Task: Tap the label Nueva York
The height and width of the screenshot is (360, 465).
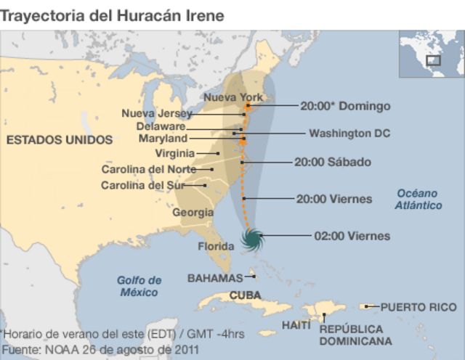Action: coord(233,97)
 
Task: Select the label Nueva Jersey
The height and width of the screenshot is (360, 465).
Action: coord(156,113)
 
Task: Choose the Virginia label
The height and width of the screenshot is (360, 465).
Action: coord(175,153)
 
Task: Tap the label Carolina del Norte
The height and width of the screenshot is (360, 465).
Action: coord(148,169)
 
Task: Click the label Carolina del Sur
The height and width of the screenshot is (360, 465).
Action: coord(142,185)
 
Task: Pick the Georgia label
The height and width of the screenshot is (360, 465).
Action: coord(193,213)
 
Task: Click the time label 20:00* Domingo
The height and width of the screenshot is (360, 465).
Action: coord(345,106)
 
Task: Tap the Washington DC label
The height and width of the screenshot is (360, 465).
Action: coord(349,134)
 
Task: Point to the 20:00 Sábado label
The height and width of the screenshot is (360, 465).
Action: coord(332,162)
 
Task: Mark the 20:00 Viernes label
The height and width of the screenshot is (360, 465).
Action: coord(334,198)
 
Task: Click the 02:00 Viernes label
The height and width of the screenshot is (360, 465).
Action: coord(352,236)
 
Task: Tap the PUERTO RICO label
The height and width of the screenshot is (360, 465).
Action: coord(418,307)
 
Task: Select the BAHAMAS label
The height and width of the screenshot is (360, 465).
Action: coord(215,278)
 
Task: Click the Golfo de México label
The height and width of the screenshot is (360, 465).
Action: coord(139,286)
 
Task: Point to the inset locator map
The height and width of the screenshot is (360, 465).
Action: coord(431,55)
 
